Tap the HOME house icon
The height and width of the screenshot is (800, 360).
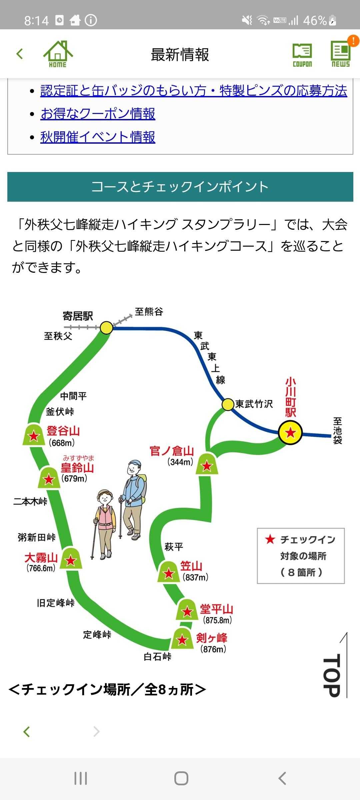point(58,54)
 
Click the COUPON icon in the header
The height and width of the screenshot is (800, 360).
point(302,55)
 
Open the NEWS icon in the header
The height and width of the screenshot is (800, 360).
point(341,54)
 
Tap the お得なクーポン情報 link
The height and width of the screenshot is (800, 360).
point(98,114)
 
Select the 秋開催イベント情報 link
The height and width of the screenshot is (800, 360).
point(98,137)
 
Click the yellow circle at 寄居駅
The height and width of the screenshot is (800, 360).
point(106,328)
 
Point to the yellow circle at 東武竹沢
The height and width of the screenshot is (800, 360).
point(228,405)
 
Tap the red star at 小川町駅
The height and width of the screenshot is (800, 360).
point(290,433)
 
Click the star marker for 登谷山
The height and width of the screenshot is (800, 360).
point(34,436)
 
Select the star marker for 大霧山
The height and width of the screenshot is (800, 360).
point(70,560)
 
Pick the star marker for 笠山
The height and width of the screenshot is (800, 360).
point(169,573)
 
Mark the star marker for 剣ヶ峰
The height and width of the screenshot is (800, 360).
point(182,640)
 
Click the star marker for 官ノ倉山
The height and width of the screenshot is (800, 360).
point(207,465)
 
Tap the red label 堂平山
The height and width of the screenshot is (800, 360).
point(216,609)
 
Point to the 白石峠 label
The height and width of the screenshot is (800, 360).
point(157,656)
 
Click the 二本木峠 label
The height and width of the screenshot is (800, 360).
point(30,501)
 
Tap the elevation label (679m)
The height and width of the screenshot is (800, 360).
point(74,479)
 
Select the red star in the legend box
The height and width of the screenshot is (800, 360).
point(270,539)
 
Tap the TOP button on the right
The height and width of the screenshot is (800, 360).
point(335,675)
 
